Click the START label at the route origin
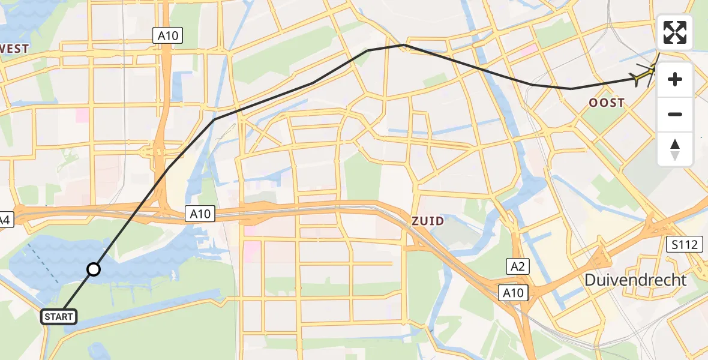click(59, 317)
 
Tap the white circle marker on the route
click(94, 269)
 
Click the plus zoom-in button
click(675, 79)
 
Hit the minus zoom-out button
click(675, 114)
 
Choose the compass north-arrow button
click(675, 149)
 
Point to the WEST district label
click(15, 49)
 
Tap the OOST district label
click(606, 103)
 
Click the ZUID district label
click(428, 221)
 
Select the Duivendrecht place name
click(635, 280)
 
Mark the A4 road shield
click(5, 220)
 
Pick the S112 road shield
click(684, 244)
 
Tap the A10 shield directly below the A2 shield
click(513, 293)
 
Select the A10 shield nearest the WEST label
click(168, 36)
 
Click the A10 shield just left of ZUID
click(200, 213)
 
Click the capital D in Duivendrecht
click(592, 280)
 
